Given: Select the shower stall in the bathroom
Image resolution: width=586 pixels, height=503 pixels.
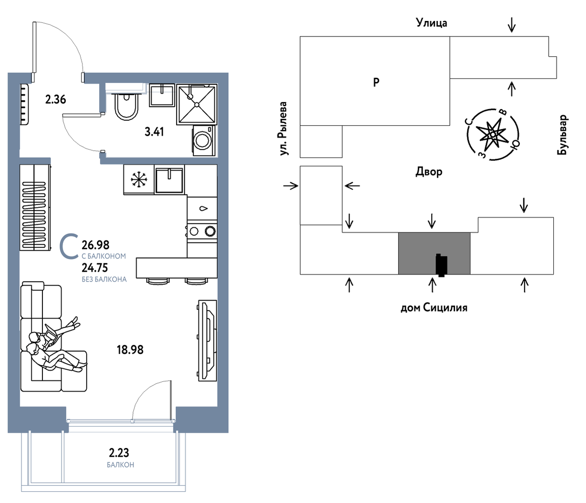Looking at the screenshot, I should click(x=197, y=104).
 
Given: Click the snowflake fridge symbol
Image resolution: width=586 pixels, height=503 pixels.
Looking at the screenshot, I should click(x=138, y=179).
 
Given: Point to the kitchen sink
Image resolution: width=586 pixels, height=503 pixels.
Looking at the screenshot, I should click(x=169, y=180).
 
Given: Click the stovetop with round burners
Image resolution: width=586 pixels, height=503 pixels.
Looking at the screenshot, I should click(x=202, y=230).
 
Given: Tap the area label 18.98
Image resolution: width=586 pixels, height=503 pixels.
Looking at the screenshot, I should click(x=130, y=349).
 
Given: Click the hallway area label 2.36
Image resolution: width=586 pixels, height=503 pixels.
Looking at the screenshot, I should click(x=55, y=99).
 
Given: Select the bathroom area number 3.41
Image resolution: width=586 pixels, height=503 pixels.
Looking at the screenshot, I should click(x=154, y=131).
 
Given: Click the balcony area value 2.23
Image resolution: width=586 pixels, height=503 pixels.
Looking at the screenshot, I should click(x=119, y=452).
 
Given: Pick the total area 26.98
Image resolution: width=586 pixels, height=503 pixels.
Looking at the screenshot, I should click(x=96, y=244).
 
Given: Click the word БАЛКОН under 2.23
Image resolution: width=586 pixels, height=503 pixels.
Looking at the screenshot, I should click(x=120, y=465).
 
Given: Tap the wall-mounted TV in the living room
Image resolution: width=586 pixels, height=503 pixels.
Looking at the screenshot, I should click(x=207, y=340).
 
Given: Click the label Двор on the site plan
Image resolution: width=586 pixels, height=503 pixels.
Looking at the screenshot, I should click(x=429, y=172).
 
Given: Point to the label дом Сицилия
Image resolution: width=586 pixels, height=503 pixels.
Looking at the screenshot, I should click(x=434, y=308).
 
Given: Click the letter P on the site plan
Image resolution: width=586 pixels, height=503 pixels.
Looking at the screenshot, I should click(x=376, y=82).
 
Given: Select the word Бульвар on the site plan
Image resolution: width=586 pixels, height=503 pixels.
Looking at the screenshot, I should click(x=563, y=135).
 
